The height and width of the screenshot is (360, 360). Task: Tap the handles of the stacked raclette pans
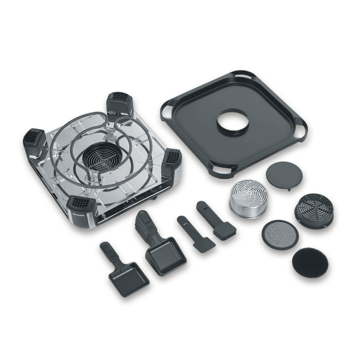(x=144, y=225)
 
